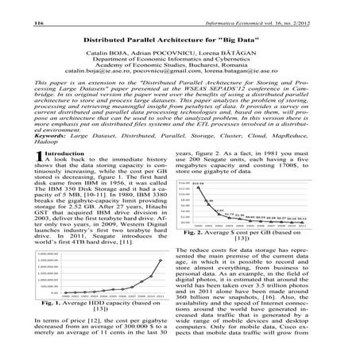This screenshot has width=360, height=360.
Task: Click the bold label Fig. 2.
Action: tap(196, 257)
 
